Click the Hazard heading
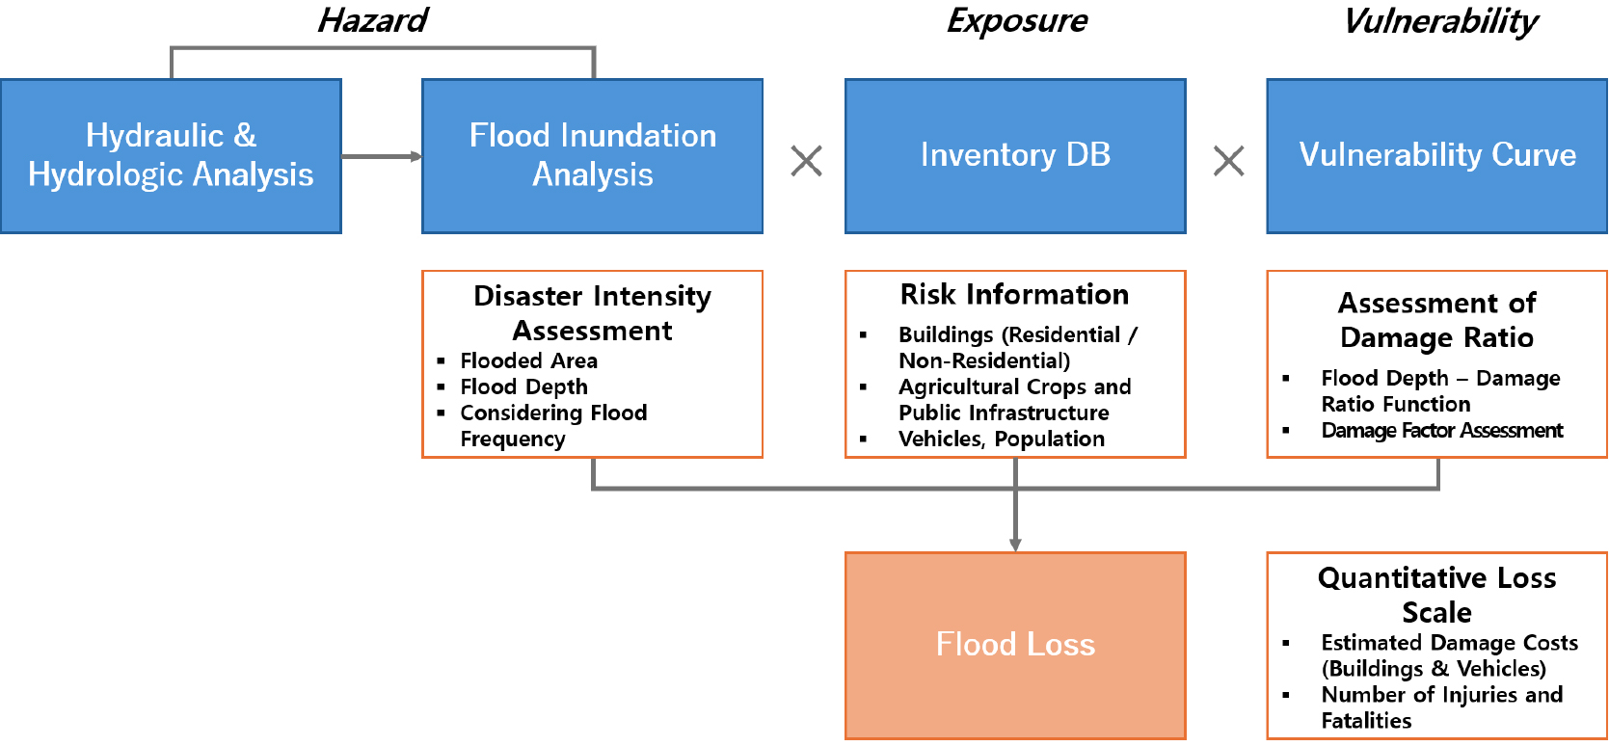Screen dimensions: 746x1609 (373, 20)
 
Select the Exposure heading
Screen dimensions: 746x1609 (1017, 20)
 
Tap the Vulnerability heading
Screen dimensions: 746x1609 (1440, 20)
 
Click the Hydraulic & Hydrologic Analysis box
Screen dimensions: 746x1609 (171, 155)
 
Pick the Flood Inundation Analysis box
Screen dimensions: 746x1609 (592, 155)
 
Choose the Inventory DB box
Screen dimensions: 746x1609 (1015, 155)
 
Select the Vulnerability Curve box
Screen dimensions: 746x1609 (1436, 155)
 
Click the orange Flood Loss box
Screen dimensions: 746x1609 (1015, 645)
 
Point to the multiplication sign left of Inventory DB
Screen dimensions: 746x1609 (806, 161)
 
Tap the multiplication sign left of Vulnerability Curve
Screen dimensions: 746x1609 (1228, 161)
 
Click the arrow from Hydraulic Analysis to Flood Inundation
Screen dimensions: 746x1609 (381, 156)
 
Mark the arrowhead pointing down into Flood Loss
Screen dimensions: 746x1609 (1015, 545)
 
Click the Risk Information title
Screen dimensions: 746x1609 (1014, 294)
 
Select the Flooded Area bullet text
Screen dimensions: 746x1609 (528, 360)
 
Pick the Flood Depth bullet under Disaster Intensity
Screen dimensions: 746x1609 (523, 386)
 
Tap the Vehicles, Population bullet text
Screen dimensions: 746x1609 (1002, 439)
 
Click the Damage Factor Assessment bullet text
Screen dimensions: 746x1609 (1441, 430)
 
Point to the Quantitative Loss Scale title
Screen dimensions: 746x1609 (1436, 595)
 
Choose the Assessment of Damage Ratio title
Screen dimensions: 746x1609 (1436, 320)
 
